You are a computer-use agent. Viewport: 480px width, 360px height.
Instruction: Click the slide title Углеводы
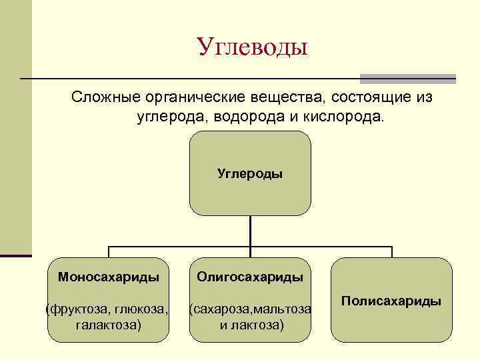point(253,47)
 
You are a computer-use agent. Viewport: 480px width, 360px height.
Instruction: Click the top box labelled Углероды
point(250,173)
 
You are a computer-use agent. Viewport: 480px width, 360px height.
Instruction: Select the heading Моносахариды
point(109,276)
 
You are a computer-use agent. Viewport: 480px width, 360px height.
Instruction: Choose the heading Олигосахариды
point(250,276)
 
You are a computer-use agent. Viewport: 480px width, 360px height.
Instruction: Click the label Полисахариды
point(391,301)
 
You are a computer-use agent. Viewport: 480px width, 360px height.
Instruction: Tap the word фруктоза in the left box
point(73,309)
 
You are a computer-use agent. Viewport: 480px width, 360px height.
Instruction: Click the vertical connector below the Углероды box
point(250,231)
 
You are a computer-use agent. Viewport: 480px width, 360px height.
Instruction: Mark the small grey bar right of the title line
point(407,78)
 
